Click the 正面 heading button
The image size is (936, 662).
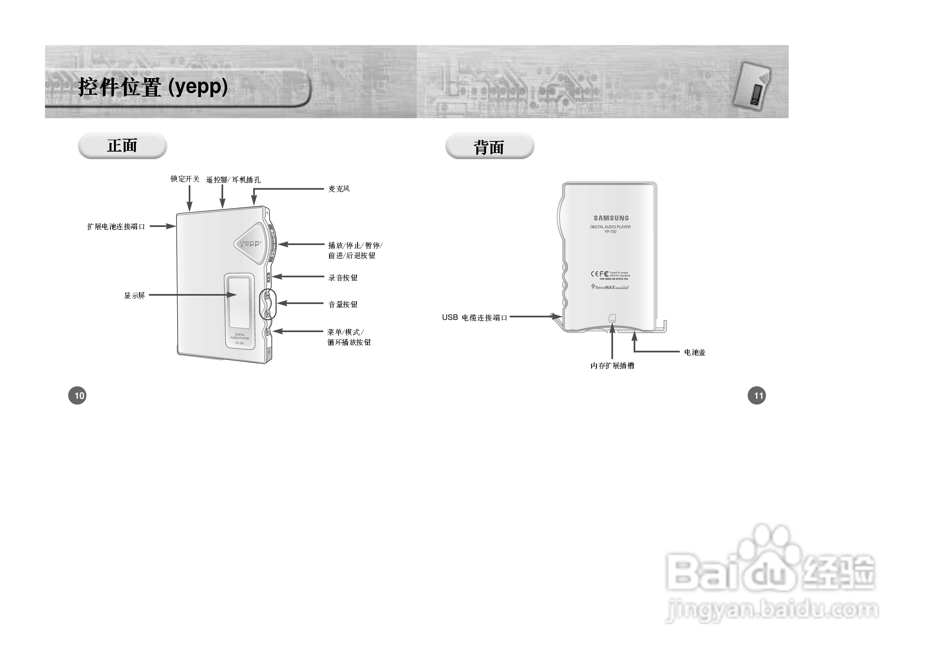[x=122, y=146]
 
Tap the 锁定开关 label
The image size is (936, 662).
[x=185, y=179]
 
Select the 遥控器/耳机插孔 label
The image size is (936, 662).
[x=233, y=180]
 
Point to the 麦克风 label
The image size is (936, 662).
[x=339, y=189]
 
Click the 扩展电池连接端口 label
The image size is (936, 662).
[x=116, y=226]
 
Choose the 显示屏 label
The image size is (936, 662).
[x=134, y=295]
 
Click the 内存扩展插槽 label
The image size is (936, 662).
[x=612, y=366]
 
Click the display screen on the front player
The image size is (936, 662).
[x=239, y=302]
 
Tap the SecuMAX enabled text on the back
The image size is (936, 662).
[x=610, y=287]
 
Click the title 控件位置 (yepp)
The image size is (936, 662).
[x=153, y=87]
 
